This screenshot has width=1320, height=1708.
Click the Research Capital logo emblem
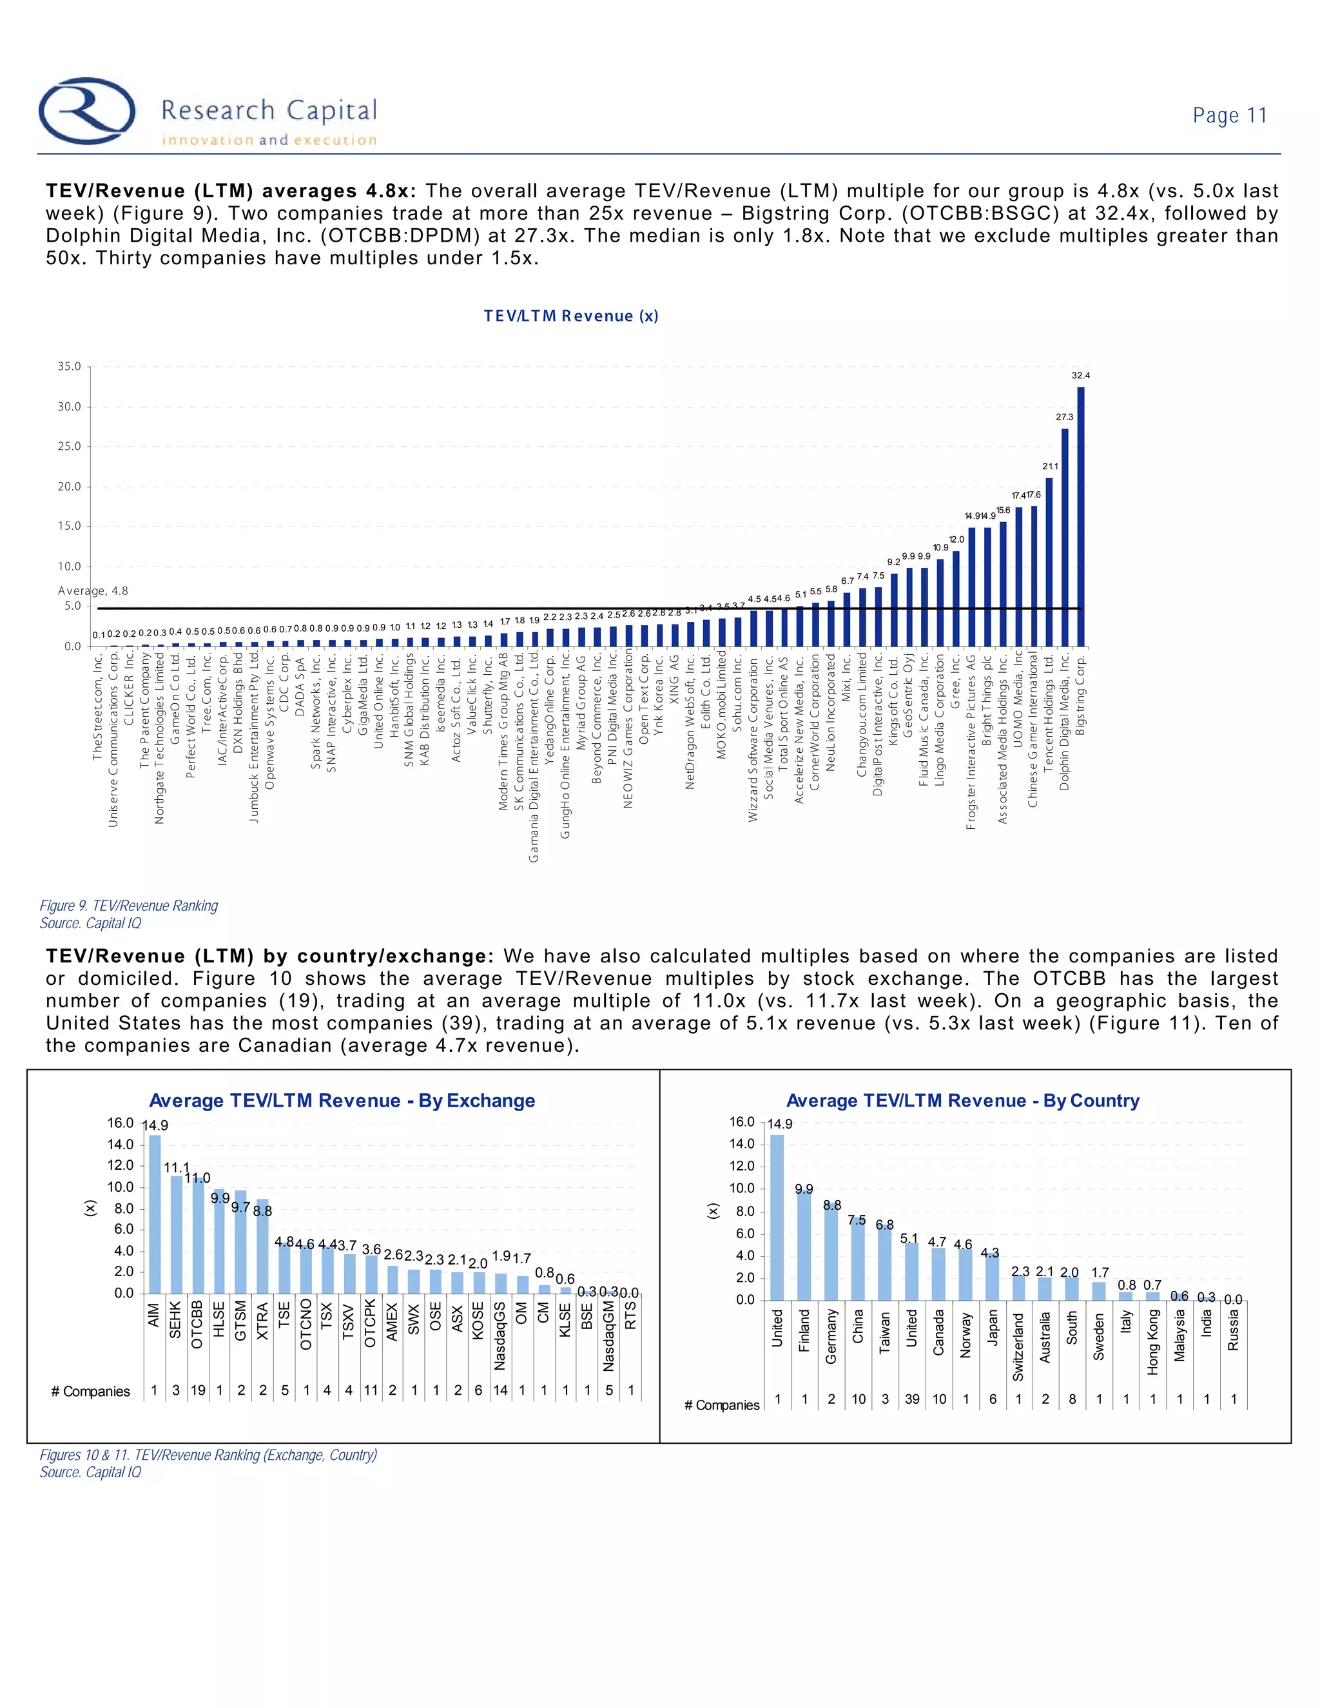(88, 110)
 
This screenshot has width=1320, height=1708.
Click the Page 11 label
(1229, 116)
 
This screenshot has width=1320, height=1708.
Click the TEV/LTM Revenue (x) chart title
(571, 316)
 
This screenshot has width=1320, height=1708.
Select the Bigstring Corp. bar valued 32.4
(1081, 516)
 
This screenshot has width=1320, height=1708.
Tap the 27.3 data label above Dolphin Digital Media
(1064, 418)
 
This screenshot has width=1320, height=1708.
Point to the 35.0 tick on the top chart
(69, 367)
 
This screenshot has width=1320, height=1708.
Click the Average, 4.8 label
(92, 591)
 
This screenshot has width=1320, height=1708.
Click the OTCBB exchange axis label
(197, 1324)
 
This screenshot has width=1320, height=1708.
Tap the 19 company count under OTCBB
(198, 1390)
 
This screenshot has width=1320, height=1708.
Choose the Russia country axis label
(1233, 1330)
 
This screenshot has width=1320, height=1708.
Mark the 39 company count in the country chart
(912, 1399)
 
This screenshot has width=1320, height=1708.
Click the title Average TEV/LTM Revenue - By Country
(963, 1100)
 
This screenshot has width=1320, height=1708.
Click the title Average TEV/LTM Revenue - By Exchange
(342, 1100)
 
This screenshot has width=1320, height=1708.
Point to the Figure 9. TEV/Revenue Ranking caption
(129, 906)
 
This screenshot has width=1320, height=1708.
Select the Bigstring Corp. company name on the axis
(1081, 695)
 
